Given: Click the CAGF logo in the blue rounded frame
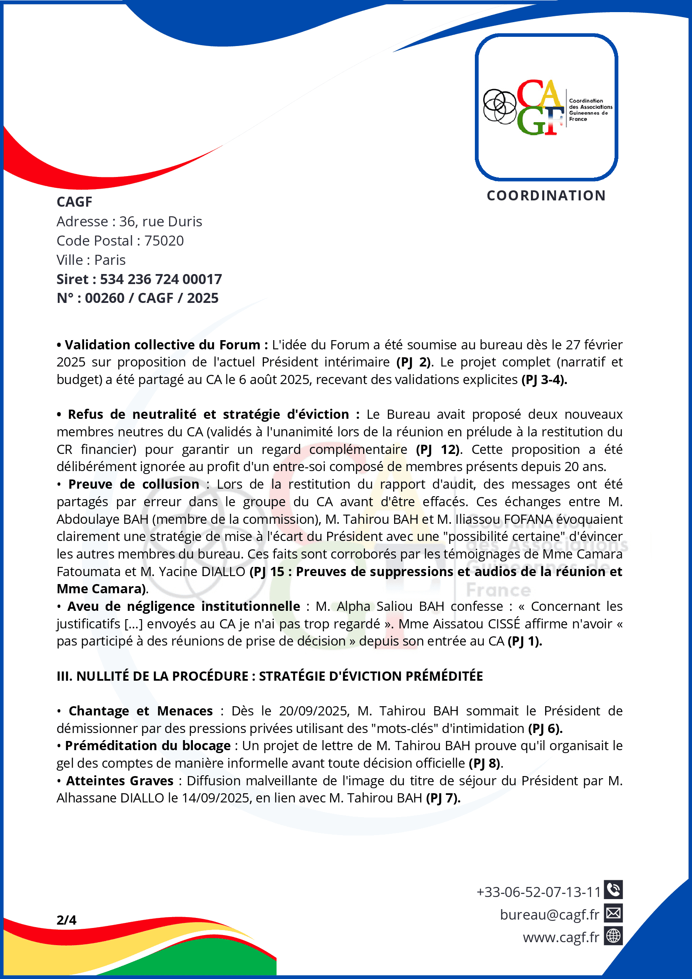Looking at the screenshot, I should point(546,108).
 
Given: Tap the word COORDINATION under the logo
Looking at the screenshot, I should point(546,196).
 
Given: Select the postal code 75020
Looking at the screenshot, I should point(164,241).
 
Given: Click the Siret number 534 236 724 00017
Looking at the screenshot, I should point(161,279).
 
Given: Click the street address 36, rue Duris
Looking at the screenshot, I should point(161,222).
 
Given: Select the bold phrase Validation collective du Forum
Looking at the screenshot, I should point(162,344).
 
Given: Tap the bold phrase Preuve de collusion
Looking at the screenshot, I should point(133,484).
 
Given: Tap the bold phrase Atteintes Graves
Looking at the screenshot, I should point(120,781).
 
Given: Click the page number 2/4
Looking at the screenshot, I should point(67,920).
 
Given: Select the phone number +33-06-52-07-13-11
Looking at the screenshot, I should point(538,892).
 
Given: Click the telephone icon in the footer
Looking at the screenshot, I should point(613,890).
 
